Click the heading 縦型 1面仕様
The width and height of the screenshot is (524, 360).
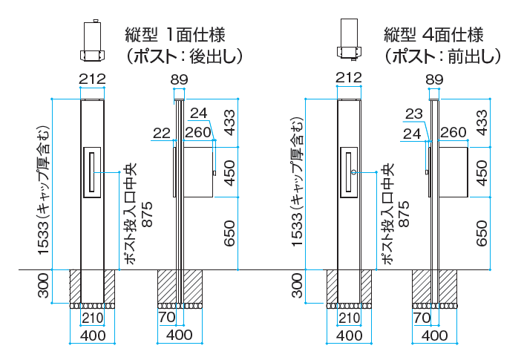click(x=175, y=35)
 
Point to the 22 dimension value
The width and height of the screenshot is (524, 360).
click(x=162, y=133)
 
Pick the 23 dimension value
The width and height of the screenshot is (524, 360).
click(x=415, y=114)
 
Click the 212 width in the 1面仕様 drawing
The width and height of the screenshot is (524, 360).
click(x=93, y=78)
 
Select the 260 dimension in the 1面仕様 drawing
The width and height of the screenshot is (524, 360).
click(x=198, y=133)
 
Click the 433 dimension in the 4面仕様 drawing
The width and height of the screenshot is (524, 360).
click(x=482, y=122)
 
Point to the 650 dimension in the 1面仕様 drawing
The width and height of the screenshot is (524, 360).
click(x=229, y=233)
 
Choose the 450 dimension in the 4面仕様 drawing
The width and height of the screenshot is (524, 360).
click(x=482, y=172)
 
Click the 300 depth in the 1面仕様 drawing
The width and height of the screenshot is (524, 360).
click(x=44, y=284)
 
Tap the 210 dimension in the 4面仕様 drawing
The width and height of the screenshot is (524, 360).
click(x=350, y=319)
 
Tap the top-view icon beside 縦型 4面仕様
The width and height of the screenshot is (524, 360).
click(x=350, y=42)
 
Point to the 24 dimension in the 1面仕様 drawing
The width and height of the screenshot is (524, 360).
click(x=199, y=113)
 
